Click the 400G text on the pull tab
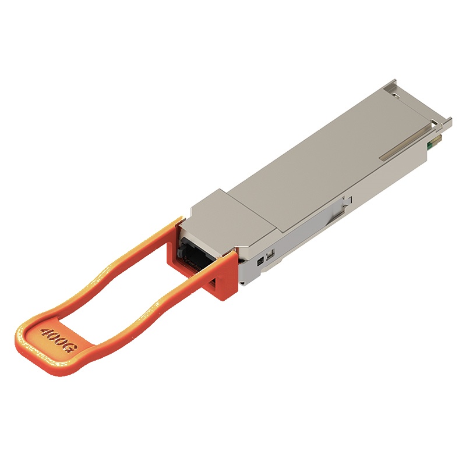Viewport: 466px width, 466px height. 59,340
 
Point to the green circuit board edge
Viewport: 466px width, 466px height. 429,145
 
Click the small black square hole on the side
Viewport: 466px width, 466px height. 260,263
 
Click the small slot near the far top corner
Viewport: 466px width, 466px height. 397,95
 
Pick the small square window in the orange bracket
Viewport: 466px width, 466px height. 213,283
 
